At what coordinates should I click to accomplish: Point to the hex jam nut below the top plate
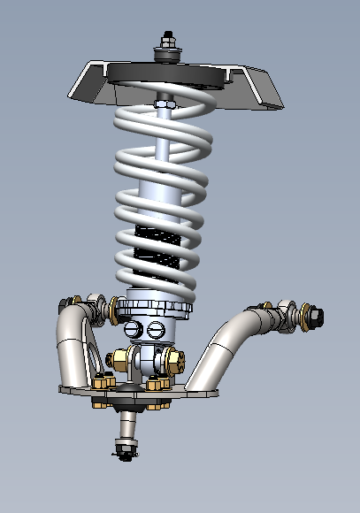pyautogui.click(x=164, y=105)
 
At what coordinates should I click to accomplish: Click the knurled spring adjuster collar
pyautogui.click(x=155, y=309)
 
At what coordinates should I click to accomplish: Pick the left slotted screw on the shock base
pyautogui.click(x=134, y=329)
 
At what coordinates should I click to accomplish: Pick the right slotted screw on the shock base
pyautogui.click(x=157, y=330)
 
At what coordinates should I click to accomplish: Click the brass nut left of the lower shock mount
pyautogui.click(x=118, y=361)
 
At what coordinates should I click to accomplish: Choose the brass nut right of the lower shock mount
pyautogui.click(x=173, y=361)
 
